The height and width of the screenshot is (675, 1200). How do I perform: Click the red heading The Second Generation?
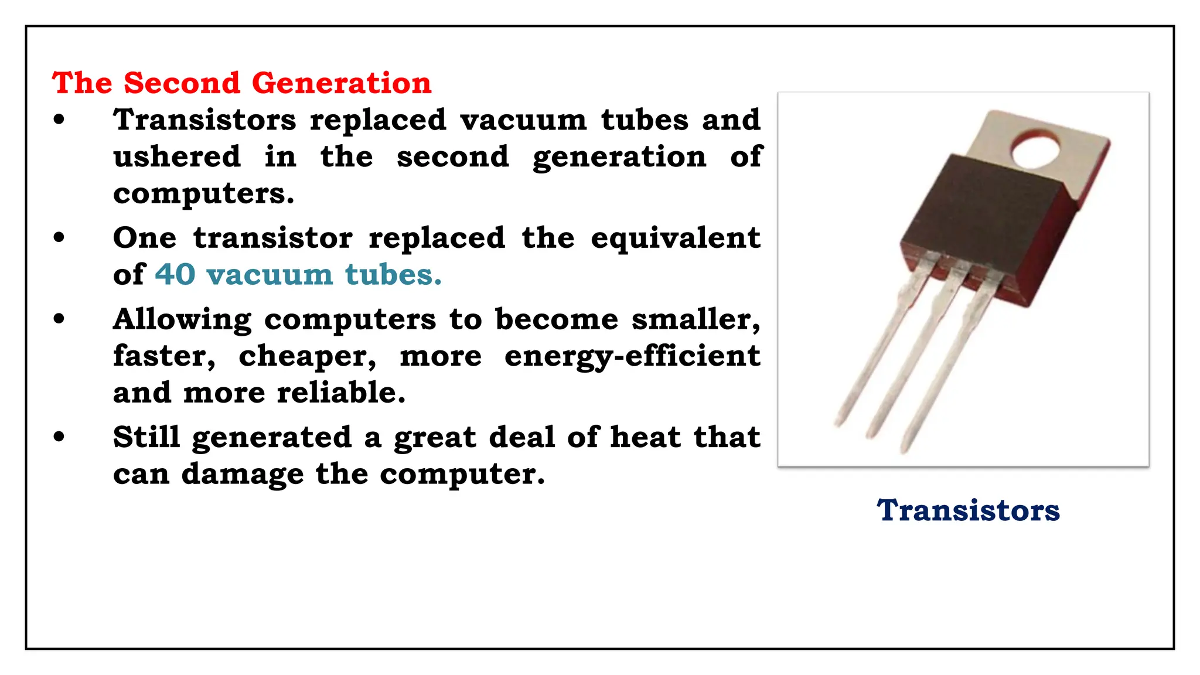coord(241,83)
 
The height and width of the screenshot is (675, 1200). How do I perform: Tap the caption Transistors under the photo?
coord(968,510)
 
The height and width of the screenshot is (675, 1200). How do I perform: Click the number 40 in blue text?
coord(175,274)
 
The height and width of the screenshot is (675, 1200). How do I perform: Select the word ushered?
coord(177,156)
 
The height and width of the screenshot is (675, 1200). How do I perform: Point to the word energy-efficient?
coord(632,356)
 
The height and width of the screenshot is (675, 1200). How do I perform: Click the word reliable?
coord(341,393)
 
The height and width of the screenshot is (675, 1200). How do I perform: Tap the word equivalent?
coord(675,238)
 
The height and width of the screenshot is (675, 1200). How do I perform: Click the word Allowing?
coord(182,320)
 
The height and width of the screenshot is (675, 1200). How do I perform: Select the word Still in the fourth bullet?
coord(146,437)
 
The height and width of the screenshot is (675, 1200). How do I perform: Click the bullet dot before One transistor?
coord(59,238)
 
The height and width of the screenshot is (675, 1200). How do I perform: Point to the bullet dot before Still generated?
coord(59,437)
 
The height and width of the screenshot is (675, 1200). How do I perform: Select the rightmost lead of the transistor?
coord(943,375)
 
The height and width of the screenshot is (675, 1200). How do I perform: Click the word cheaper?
coord(307,356)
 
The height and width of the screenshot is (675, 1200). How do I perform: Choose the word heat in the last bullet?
coord(645,437)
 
